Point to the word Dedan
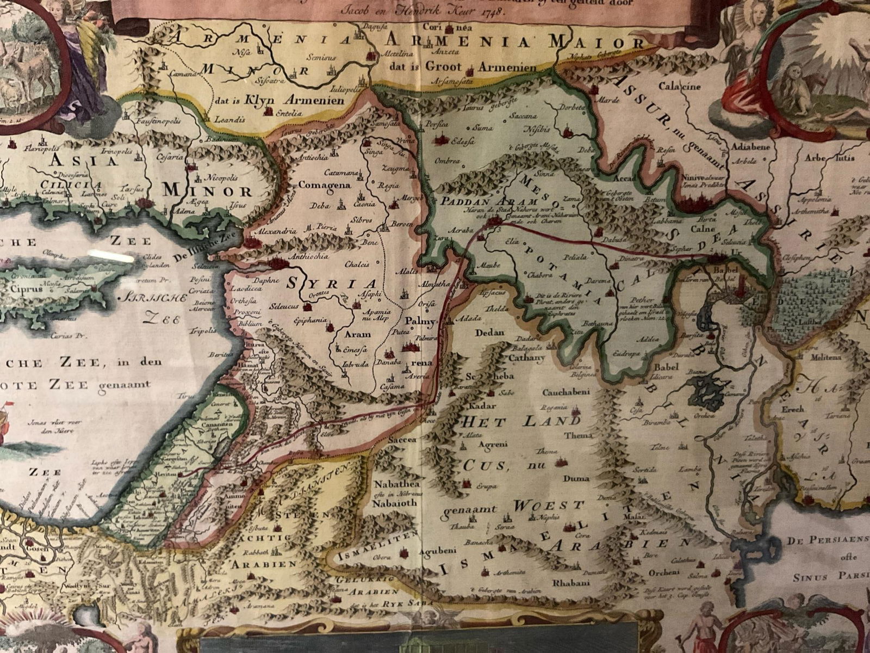tap(490, 333)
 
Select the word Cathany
tap(526, 358)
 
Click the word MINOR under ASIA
tap(208, 191)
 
